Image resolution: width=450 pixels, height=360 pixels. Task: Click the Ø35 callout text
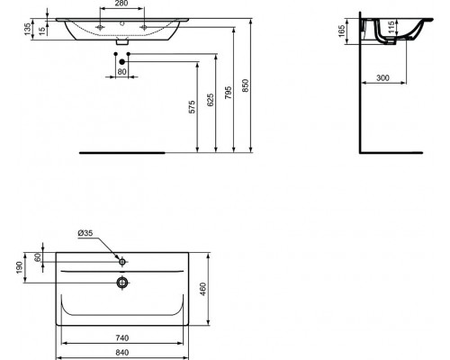85,235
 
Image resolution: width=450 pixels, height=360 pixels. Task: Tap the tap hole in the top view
122,261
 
